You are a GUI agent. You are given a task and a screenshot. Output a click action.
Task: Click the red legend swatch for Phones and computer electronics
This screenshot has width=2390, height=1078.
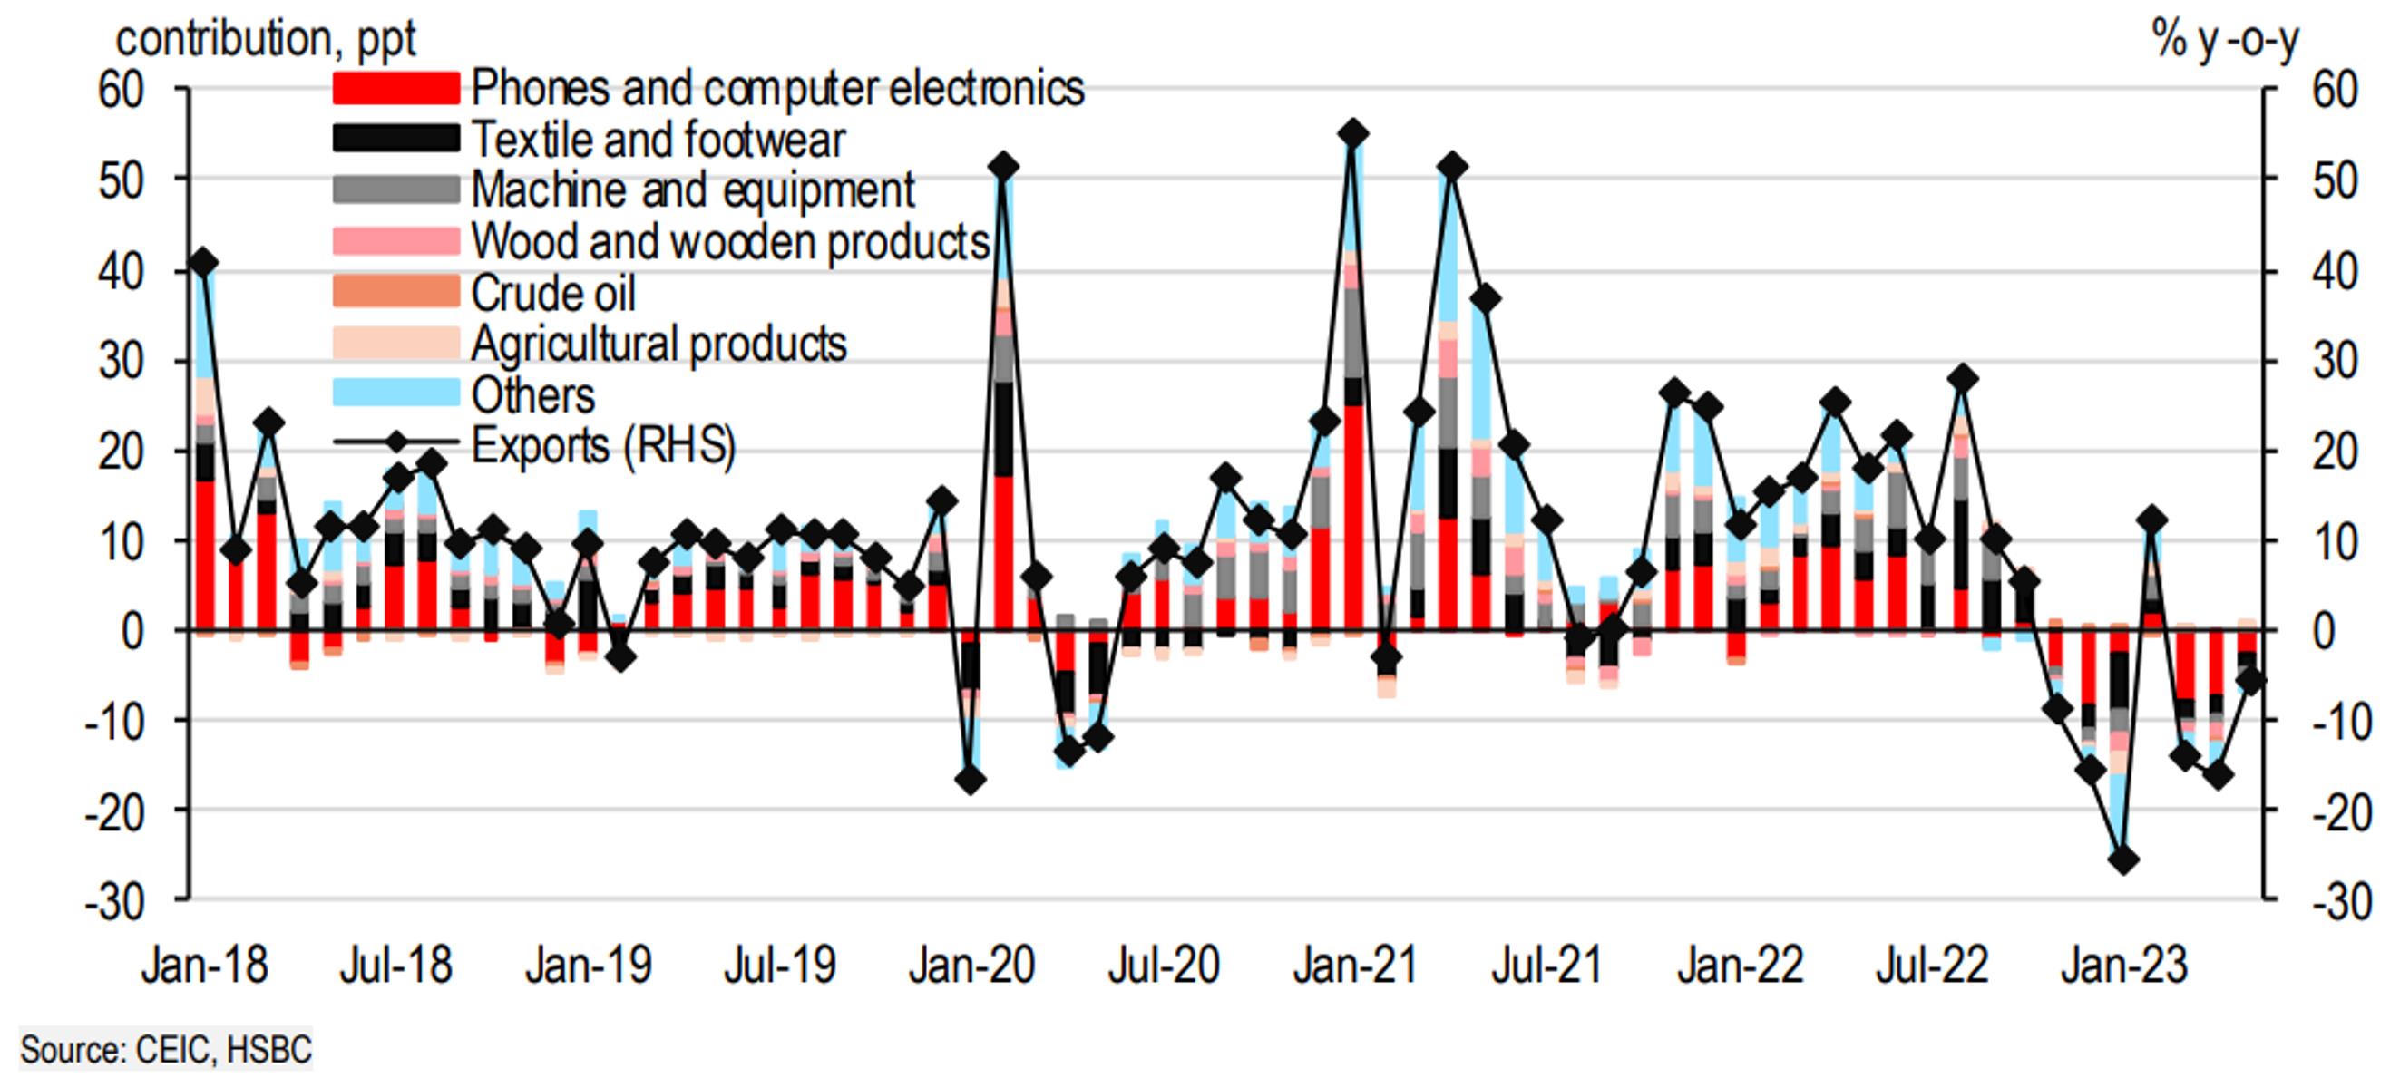pyautogui.click(x=396, y=88)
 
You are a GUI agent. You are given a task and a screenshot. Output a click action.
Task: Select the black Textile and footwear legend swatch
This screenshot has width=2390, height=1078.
pyautogui.click(x=396, y=139)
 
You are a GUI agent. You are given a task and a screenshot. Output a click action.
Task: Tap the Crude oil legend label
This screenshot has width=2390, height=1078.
pyautogui.click(x=553, y=293)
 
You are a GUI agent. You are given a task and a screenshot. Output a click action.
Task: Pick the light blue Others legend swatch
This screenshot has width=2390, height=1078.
pyautogui.click(x=396, y=393)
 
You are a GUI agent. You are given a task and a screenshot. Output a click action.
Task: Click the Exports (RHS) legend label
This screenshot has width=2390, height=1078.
pyautogui.click(x=603, y=445)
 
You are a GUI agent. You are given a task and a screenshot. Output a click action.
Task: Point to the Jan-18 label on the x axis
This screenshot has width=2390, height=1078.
pyautogui.click(x=205, y=965)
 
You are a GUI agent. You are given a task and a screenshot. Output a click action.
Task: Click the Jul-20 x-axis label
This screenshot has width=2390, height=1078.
pyautogui.click(x=1164, y=965)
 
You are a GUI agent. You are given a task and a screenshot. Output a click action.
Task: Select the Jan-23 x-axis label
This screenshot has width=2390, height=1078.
pyautogui.click(x=2123, y=965)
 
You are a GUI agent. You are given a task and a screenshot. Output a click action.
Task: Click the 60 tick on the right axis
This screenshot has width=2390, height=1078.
pyautogui.click(x=2335, y=90)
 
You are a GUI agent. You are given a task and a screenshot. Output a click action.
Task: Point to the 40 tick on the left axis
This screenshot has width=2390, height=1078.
pyautogui.click(x=122, y=272)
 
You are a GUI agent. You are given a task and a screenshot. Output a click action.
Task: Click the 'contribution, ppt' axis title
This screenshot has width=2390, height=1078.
pyautogui.click(x=266, y=39)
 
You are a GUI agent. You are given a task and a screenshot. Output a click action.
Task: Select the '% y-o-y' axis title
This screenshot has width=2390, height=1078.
pyautogui.click(x=2225, y=39)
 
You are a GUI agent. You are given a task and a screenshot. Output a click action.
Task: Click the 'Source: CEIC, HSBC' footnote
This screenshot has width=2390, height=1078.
pyautogui.click(x=166, y=1050)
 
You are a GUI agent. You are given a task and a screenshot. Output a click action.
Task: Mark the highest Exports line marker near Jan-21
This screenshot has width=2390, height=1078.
pyautogui.click(x=1353, y=134)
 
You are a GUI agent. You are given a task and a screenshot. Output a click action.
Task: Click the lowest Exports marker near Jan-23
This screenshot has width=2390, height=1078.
pyautogui.click(x=2123, y=860)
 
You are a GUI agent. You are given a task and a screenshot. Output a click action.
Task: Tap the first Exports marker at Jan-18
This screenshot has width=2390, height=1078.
pyautogui.click(x=204, y=264)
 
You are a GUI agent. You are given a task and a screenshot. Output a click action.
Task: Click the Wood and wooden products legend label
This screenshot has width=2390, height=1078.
pyautogui.click(x=730, y=242)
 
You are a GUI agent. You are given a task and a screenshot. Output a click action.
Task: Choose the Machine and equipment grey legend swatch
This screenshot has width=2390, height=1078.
pyautogui.click(x=396, y=190)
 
